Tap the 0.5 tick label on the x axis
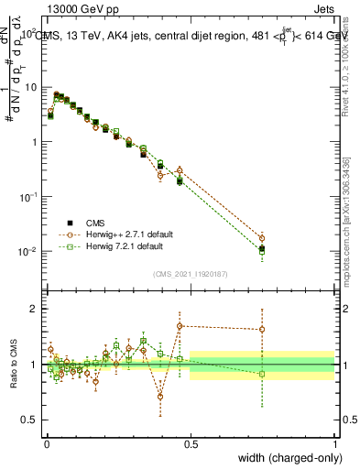191,444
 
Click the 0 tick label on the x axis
47,444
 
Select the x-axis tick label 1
335,444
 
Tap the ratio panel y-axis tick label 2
35,309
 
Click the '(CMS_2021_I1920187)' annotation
191,272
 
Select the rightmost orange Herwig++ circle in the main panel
263,238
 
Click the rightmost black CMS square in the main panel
263,248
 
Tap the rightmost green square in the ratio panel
263,374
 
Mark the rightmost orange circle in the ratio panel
263,330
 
